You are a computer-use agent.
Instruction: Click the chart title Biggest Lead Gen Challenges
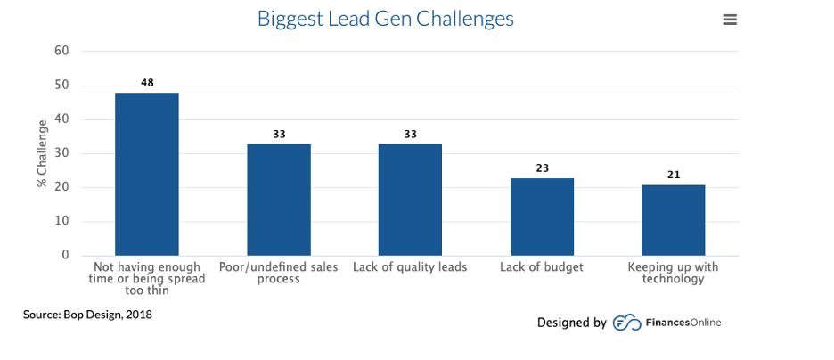coord(385,19)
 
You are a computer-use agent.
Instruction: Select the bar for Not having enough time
coord(147,174)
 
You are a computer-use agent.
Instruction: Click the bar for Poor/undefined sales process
coord(279,200)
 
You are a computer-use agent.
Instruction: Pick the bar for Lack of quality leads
coord(410,200)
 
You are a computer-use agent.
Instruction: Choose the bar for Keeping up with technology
coord(674,220)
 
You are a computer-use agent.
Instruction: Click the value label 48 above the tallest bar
coord(147,83)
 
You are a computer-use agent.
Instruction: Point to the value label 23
coord(542,168)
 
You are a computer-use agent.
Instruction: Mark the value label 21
coord(674,175)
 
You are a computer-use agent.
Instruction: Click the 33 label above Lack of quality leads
coord(410,135)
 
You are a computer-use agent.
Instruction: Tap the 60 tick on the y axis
coord(61,52)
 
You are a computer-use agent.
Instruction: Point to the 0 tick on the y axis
coord(65,255)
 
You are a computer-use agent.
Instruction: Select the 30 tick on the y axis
coord(61,153)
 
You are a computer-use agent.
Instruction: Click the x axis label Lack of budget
coord(542,267)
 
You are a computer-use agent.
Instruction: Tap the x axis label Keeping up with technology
coord(674,273)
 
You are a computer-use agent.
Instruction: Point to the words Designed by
coord(571,323)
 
